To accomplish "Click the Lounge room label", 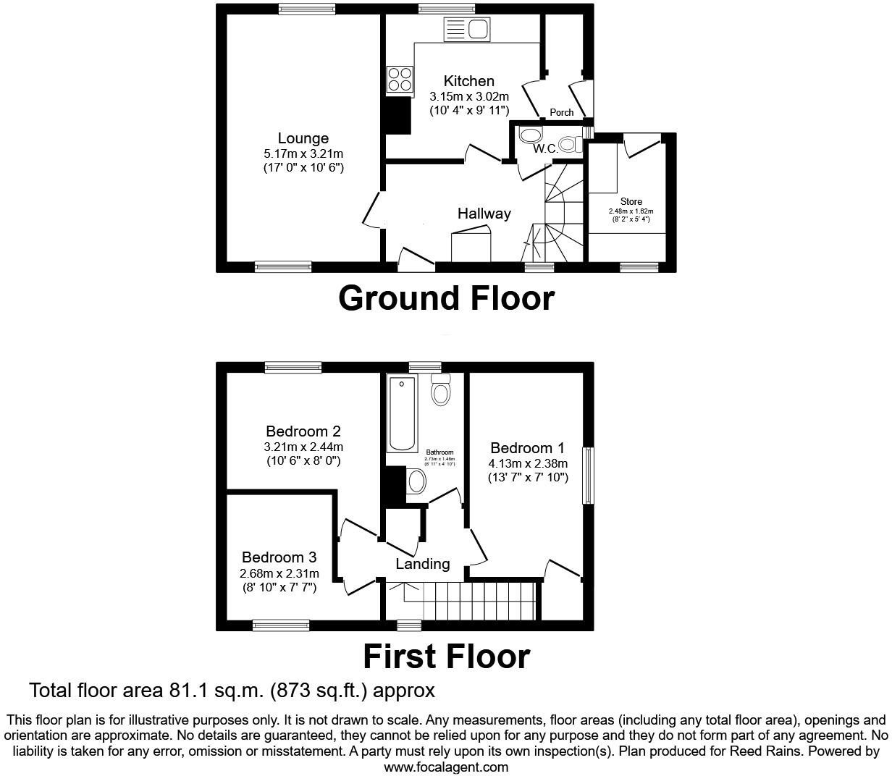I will (x=303, y=138).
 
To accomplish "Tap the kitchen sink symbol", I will (x=468, y=30).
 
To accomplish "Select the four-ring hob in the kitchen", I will (x=400, y=79).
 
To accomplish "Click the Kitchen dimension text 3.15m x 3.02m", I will (x=469, y=96).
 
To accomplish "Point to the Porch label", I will (x=562, y=112).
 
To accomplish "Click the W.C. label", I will (x=545, y=148).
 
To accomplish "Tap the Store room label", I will (x=631, y=202).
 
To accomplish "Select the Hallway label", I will (x=484, y=214).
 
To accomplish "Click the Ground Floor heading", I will (x=446, y=298).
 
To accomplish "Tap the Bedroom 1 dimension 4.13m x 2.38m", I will (x=528, y=463).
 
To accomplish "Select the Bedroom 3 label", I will (x=279, y=557).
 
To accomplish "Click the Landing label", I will (x=423, y=564).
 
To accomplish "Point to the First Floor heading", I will (x=446, y=657).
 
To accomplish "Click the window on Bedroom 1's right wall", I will (x=589, y=476).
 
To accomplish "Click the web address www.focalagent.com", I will (x=446, y=767).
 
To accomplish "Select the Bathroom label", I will (x=439, y=452).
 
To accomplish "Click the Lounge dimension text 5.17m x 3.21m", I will (x=303, y=153).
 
